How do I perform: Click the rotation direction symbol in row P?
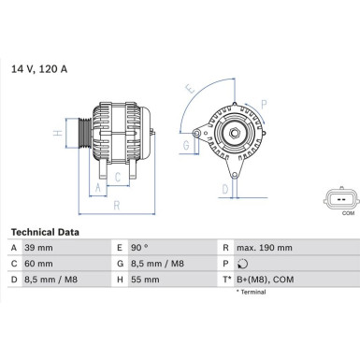243,263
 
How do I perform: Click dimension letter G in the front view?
185,146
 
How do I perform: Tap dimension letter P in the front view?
265,103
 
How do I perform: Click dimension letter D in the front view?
224,191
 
